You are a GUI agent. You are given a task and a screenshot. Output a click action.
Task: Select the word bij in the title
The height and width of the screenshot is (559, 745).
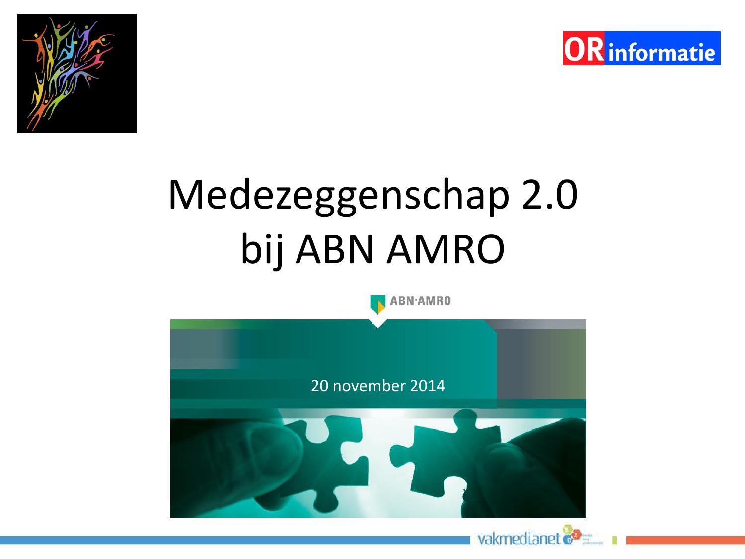(x=261, y=249)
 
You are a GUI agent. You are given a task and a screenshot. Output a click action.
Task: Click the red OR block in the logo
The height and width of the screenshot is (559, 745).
(x=584, y=49)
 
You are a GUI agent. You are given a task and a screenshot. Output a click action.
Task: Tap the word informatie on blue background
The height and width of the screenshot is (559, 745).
(x=661, y=52)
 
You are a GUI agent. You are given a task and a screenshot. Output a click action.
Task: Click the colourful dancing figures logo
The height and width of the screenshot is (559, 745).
(x=76, y=73)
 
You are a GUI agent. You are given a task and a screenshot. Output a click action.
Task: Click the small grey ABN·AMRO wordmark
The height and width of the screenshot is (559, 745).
(x=420, y=301)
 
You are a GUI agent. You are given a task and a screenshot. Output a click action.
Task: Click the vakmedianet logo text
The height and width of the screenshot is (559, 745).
(x=519, y=539)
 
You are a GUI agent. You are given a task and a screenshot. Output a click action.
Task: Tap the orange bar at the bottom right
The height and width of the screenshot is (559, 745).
(x=685, y=540)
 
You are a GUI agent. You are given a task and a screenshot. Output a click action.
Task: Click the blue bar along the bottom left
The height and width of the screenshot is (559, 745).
(x=233, y=540)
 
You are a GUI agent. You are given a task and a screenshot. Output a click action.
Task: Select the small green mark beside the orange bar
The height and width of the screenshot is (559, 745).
(x=614, y=540)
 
